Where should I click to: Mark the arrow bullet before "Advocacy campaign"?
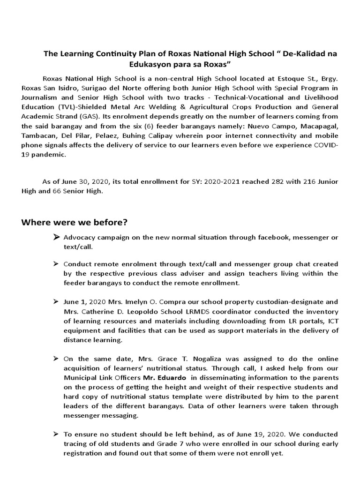(x=56, y=238)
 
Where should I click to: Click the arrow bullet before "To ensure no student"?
(x=56, y=435)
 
